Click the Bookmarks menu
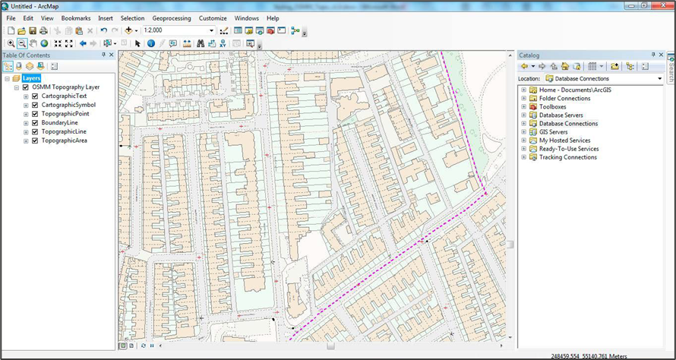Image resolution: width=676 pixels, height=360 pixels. (x=75, y=17)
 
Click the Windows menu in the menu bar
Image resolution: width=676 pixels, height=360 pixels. (x=246, y=17)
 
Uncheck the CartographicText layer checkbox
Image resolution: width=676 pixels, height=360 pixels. (x=35, y=96)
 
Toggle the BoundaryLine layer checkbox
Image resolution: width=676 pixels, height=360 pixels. (x=35, y=122)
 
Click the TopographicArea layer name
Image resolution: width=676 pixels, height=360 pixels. (x=65, y=141)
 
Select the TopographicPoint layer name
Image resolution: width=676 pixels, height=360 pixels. (x=65, y=113)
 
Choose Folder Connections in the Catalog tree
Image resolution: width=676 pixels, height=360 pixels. (x=564, y=98)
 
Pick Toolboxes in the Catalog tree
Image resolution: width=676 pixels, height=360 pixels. (x=552, y=106)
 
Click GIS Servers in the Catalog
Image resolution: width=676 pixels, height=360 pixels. (x=553, y=131)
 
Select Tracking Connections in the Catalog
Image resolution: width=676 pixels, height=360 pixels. (x=567, y=157)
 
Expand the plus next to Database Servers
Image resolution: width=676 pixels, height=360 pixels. (x=523, y=115)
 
